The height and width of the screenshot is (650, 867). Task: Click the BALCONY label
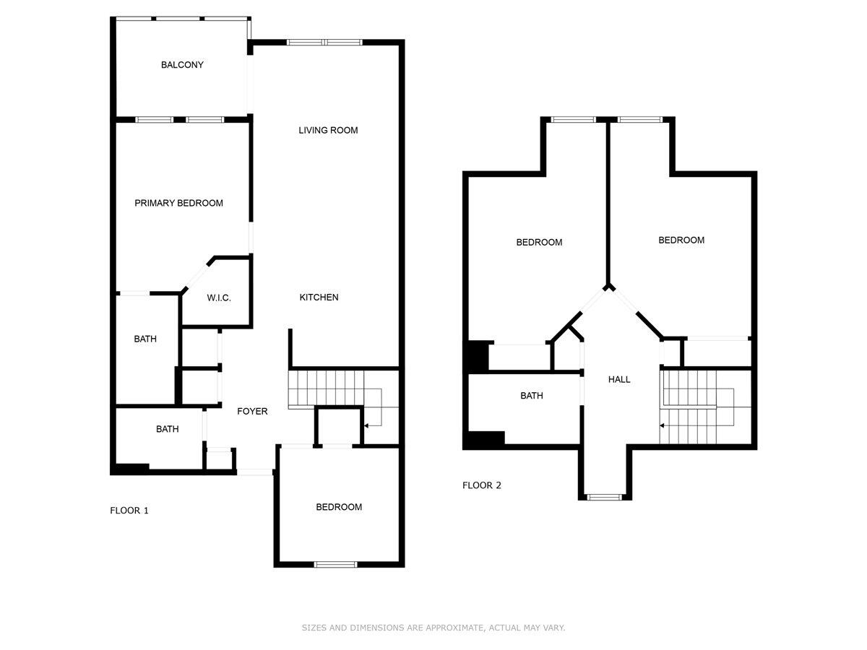point(182,65)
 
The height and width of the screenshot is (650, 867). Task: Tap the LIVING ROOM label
point(328,131)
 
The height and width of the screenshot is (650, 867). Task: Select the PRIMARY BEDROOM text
point(178,203)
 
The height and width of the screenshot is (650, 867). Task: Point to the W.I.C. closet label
point(218,298)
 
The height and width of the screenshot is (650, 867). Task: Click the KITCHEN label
point(319,298)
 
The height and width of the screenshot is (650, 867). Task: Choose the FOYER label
point(252,412)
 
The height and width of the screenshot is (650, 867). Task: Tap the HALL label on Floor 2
point(618,379)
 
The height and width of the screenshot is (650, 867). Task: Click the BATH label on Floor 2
point(531,396)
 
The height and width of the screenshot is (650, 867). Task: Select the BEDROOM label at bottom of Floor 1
point(339,507)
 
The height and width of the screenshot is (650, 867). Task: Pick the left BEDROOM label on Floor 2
point(538,243)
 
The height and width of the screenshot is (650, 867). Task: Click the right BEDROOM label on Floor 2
point(681,240)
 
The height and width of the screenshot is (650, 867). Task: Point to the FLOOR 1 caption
point(129,511)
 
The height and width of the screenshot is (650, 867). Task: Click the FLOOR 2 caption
point(481,485)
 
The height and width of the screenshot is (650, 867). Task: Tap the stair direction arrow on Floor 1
point(368,426)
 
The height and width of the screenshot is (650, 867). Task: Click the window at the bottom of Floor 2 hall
point(604,497)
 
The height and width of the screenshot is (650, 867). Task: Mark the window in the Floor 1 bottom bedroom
point(335,564)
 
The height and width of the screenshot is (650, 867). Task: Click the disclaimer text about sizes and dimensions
point(433,628)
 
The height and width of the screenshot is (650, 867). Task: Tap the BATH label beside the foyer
point(167,429)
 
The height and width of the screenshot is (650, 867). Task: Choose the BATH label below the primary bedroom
point(144,339)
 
